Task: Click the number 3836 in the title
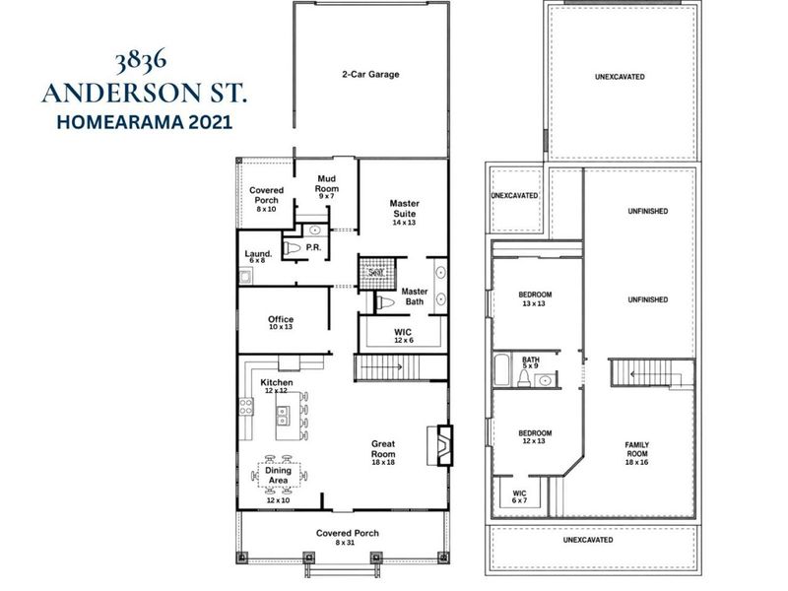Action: coord(141,60)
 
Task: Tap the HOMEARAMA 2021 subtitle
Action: coord(145,122)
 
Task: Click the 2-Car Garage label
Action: coord(371,75)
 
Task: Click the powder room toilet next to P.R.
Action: coord(292,248)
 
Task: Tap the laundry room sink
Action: coord(245,277)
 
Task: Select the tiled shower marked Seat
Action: coord(377,272)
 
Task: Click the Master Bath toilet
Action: coord(385,302)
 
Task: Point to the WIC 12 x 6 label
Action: coord(403,336)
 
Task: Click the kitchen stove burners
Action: coord(246,407)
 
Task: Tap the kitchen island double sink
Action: coord(283,415)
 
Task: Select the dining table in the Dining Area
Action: coord(279,476)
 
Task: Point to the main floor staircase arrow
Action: coord(381,366)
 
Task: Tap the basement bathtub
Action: coord(502,370)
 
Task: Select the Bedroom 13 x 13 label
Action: coord(535,299)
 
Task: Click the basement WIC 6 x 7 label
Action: coord(520,497)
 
